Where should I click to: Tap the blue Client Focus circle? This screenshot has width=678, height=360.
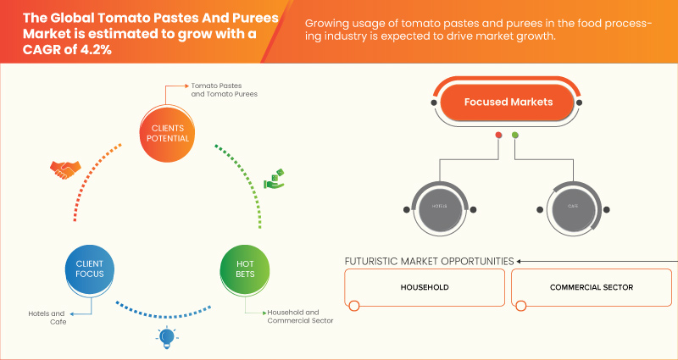88,269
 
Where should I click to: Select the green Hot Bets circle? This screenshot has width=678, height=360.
244,269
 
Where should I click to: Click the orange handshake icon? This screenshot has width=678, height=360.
65,169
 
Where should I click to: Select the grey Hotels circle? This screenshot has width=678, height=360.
439,207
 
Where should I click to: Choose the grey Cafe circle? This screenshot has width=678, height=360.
572,207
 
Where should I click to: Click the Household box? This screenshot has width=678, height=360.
425,288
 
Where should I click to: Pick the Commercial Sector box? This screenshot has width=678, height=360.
591,288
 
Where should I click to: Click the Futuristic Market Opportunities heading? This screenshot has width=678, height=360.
429,261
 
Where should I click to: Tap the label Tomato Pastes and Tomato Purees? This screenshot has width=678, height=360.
224,90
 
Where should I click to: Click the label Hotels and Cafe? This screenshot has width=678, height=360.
46,318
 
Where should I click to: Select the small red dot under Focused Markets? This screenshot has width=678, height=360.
498,136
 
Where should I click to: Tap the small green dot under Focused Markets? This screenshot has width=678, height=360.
515,136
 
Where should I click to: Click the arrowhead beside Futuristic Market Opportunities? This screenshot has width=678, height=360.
520,261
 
